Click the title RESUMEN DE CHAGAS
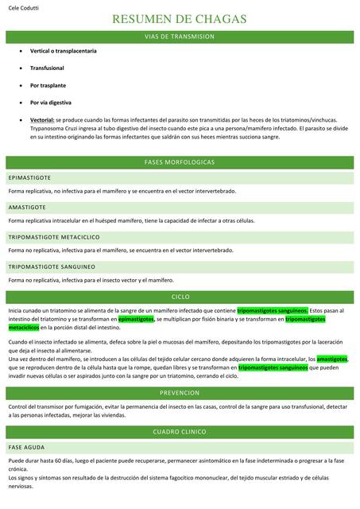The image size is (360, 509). click(x=180, y=20)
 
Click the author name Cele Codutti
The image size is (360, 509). click(x=24, y=7)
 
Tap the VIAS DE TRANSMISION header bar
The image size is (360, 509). click(x=180, y=37)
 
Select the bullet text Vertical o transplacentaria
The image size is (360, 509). click(x=63, y=51)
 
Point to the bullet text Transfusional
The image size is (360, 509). click(x=49, y=68)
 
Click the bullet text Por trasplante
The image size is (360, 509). click(x=48, y=85)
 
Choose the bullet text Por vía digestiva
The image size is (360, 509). click(x=51, y=103)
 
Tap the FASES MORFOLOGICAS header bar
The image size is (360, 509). click(x=180, y=161)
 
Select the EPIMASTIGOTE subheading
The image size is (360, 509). click(x=29, y=178)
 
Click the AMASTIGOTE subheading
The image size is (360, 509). click(x=27, y=207)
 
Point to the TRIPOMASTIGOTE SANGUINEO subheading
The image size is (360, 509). click(x=52, y=266)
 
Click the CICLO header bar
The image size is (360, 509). click(x=180, y=296)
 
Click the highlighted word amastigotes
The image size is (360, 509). click(x=333, y=359)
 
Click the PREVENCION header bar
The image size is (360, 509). click(x=180, y=393)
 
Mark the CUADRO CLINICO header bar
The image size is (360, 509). click(x=180, y=431)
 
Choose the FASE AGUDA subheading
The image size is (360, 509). click(x=26, y=448)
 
